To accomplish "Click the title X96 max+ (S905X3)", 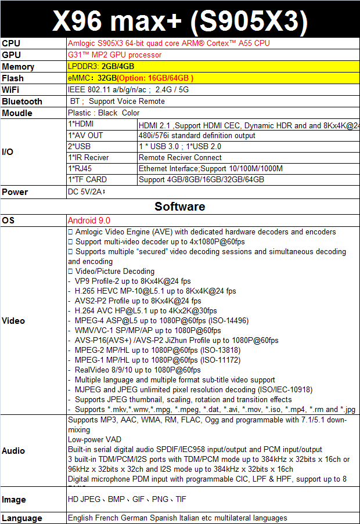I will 179,21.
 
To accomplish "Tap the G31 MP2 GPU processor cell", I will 114,55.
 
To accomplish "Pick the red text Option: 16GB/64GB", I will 155,78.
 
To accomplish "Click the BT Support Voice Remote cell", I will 116,101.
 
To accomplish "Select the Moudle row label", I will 17,113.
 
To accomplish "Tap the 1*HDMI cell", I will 81,124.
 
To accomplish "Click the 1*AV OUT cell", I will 85,135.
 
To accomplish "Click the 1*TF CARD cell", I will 88,179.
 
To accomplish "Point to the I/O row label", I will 8,152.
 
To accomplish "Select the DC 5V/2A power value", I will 86,191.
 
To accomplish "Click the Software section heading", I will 179,206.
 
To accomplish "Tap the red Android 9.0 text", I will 89,221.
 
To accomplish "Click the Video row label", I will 13,321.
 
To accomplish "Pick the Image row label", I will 14,499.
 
